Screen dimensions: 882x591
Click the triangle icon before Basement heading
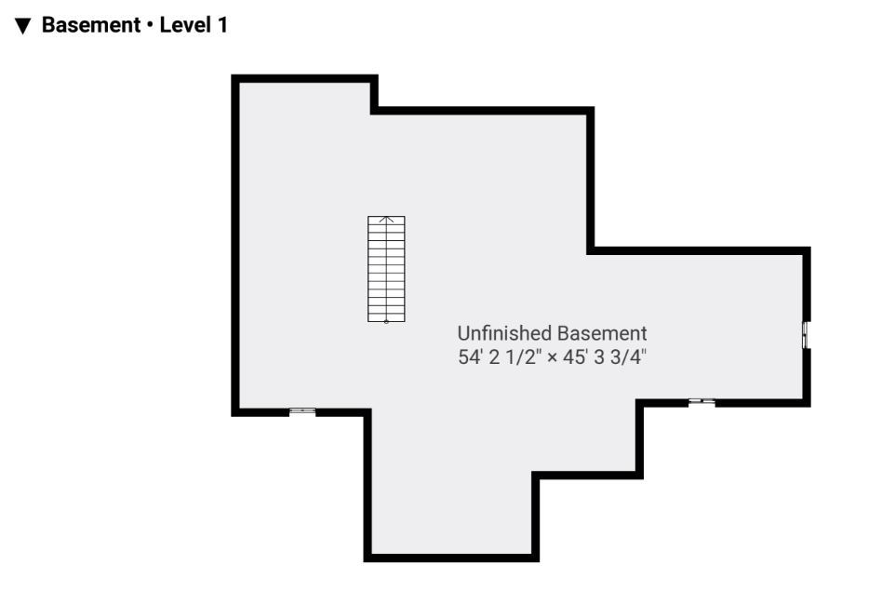pyautogui.click(x=22, y=26)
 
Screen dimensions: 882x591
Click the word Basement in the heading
pyautogui.click(x=91, y=25)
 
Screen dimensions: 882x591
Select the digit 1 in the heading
pyautogui.click(x=222, y=25)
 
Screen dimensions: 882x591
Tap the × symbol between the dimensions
pyautogui.click(x=552, y=357)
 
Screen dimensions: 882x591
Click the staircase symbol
pyautogui.click(x=386, y=269)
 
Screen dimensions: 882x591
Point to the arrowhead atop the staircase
pyautogui.click(x=386, y=219)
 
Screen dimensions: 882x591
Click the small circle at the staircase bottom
pyautogui.click(x=386, y=322)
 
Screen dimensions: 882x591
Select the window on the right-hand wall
pyautogui.click(x=806, y=335)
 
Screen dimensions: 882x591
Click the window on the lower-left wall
pyautogui.click(x=302, y=411)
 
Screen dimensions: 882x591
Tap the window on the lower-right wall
pyautogui.click(x=702, y=402)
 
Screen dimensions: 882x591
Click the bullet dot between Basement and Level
pyautogui.click(x=150, y=26)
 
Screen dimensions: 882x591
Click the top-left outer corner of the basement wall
pyautogui.click(x=232, y=74)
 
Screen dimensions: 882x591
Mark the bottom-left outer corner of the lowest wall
pyautogui.click(x=364, y=562)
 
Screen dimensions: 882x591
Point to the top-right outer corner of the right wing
pyautogui.click(x=810, y=247)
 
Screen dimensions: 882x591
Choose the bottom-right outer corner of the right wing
pyautogui.click(x=810, y=407)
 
